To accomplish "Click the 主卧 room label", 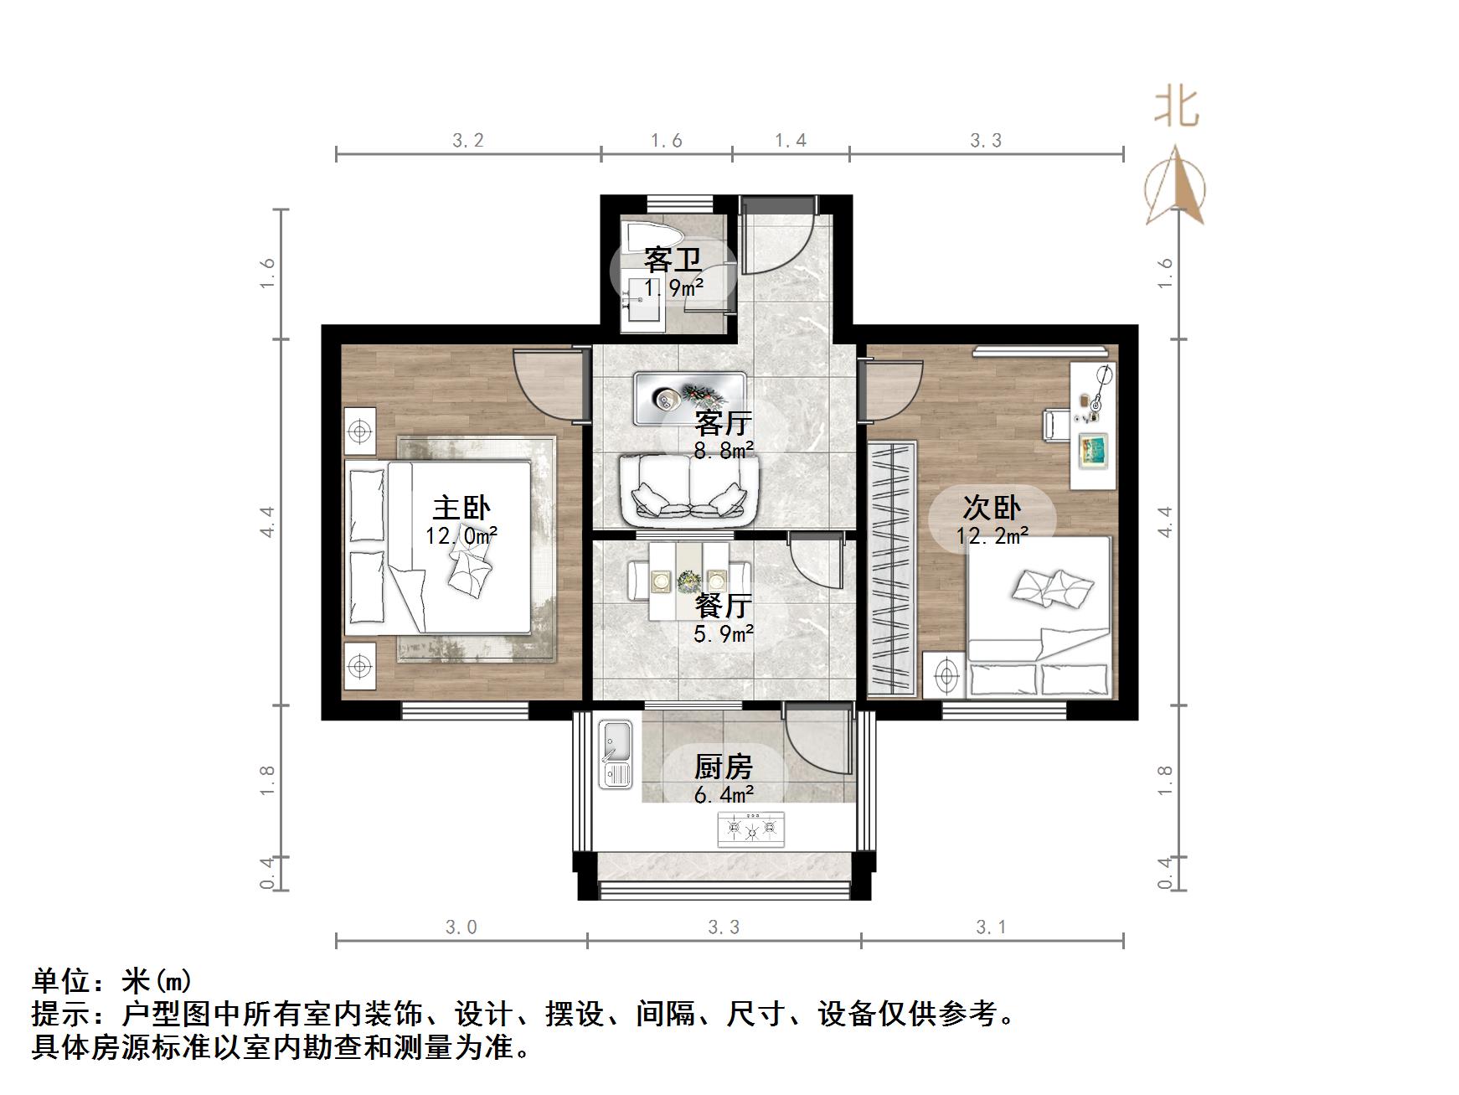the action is [461, 508].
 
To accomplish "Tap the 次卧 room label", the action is [992, 508].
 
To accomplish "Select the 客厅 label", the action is [724, 423].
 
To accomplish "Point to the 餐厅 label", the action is [724, 605].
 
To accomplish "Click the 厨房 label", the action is [724, 767].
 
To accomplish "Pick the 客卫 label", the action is [673, 261].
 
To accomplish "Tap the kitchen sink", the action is [617, 754].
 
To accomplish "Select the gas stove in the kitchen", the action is [750, 829].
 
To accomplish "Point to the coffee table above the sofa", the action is [690, 398].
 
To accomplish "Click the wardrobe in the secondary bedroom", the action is [893, 567].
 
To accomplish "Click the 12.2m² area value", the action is [992, 535].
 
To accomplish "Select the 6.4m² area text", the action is [724, 793].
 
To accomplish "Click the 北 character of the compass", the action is [1177, 108].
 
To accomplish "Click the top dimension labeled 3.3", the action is [986, 140].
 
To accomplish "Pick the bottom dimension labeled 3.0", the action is [461, 927].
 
